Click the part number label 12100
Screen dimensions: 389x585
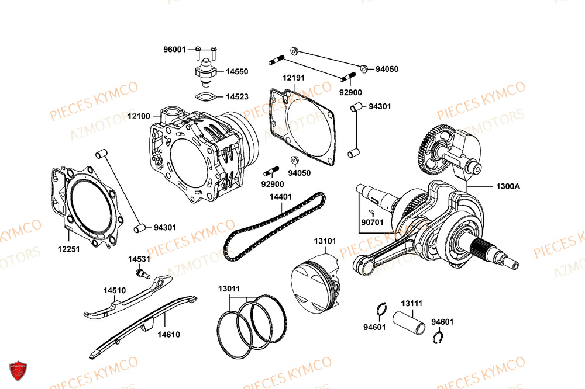click(x=139, y=117)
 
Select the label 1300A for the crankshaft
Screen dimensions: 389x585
click(x=508, y=186)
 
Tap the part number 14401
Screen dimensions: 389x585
click(x=281, y=197)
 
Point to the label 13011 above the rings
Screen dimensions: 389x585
click(x=229, y=289)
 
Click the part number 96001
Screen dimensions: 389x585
click(x=174, y=50)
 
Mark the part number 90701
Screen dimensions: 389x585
click(x=372, y=222)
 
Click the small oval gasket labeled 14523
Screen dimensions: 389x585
click(x=205, y=98)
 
